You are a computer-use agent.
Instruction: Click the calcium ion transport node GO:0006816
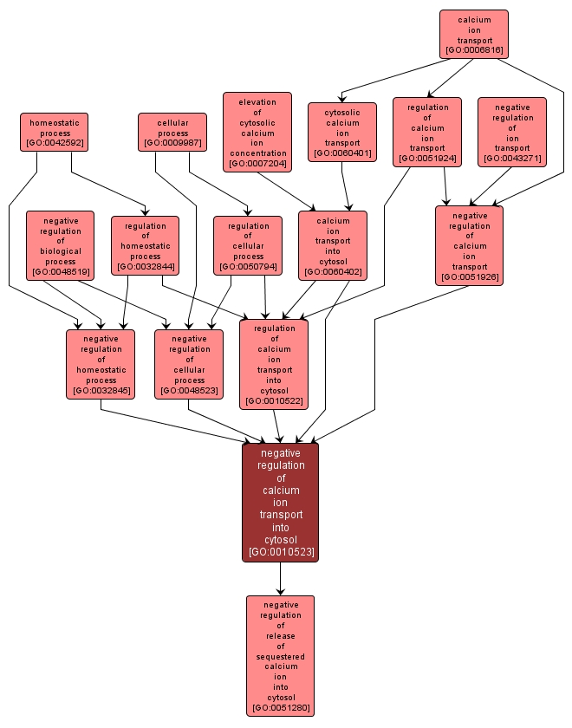tap(473, 34)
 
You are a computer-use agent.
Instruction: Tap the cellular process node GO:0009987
tap(173, 132)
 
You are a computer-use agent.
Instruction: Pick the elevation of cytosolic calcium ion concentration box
tap(257, 132)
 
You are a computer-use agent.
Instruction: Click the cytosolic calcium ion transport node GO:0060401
tap(342, 133)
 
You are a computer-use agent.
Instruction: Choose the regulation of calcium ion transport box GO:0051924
tap(427, 132)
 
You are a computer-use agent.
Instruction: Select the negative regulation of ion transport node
tap(512, 132)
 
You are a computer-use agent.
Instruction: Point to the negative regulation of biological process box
tap(61, 246)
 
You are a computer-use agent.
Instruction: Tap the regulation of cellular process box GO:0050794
tap(248, 245)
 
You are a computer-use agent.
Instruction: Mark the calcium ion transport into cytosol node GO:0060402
tap(333, 246)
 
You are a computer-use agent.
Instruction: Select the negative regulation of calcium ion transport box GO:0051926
tap(470, 245)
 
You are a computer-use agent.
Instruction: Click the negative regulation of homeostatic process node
tap(101, 364)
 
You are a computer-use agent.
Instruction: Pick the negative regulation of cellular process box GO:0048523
tap(189, 364)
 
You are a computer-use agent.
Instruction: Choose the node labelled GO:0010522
tap(274, 364)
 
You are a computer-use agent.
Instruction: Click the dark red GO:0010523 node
tap(280, 502)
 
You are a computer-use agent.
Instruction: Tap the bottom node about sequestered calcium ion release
tap(280, 655)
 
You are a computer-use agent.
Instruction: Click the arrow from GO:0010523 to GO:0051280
tap(280, 578)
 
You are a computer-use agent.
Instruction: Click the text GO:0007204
tap(257, 163)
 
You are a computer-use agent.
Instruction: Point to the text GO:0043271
tap(512, 159)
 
